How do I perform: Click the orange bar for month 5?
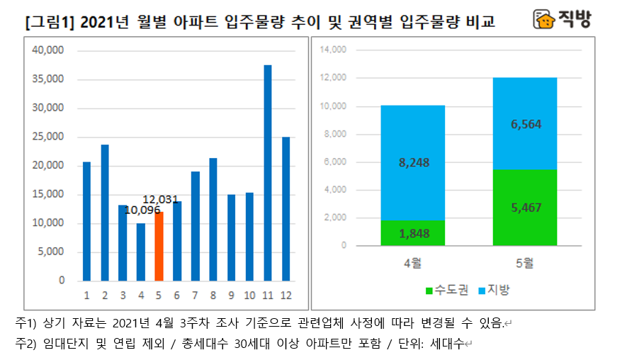pyautogui.click(x=159, y=246)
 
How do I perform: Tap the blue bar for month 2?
pyautogui.click(x=105, y=213)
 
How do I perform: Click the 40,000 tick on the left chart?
pyautogui.click(x=49, y=50)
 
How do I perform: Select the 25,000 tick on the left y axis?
pyautogui.click(x=49, y=137)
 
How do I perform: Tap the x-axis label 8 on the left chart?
pyautogui.click(x=213, y=295)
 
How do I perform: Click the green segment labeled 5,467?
pyautogui.click(x=525, y=208)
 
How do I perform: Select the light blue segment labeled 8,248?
pyautogui.click(x=413, y=162)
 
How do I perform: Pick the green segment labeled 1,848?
pyautogui.click(x=413, y=234)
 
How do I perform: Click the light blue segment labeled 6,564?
pyautogui.click(x=525, y=123)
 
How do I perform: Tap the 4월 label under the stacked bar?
pyautogui.click(x=413, y=264)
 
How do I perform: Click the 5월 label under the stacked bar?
pyautogui.click(x=525, y=264)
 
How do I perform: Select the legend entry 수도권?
pyautogui.click(x=445, y=291)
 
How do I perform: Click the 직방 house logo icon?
pyautogui.click(x=544, y=20)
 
